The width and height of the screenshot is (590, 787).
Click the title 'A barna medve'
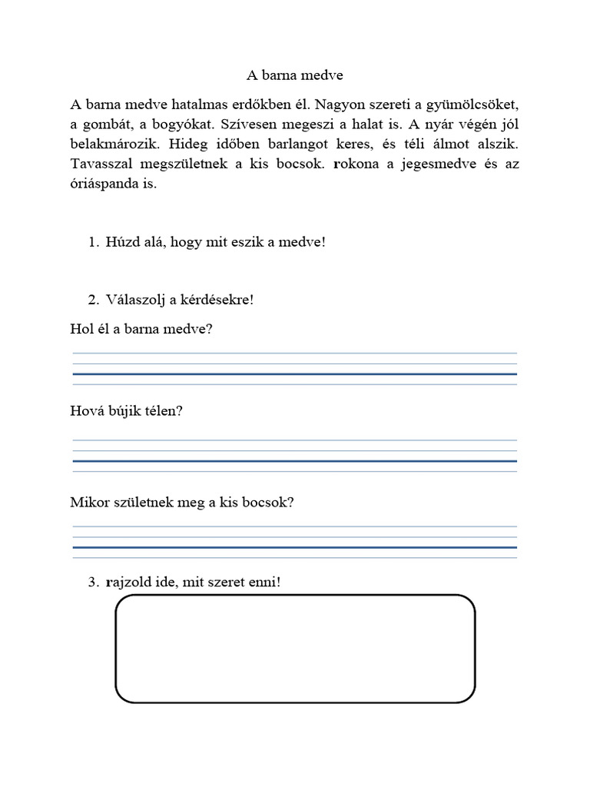click(295, 75)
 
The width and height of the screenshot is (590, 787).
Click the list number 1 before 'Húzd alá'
click(94, 242)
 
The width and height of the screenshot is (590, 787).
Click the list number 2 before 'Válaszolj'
click(94, 300)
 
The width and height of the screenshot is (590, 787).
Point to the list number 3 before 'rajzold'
click(94, 583)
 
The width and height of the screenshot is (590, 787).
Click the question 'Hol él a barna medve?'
click(141, 329)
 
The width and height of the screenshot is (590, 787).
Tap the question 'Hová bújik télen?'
click(127, 411)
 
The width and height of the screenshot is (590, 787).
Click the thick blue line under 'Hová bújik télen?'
click(294, 461)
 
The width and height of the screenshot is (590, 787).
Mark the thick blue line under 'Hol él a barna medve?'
click(294, 374)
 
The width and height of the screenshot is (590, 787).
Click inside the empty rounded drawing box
click(294, 648)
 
